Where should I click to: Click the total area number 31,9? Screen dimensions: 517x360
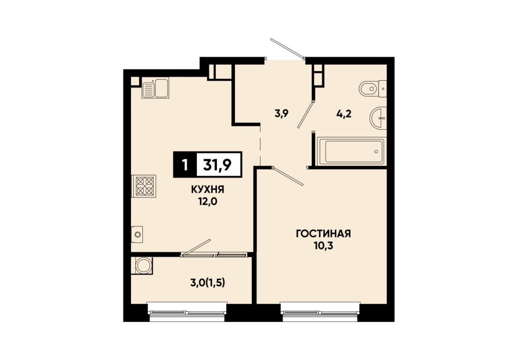pyautogui.click(x=217, y=165)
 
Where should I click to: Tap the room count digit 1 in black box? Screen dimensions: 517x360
pyautogui.click(x=186, y=165)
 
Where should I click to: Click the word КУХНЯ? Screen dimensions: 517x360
pyautogui.click(x=208, y=189)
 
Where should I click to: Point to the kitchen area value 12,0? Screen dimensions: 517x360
pyautogui.click(x=208, y=201)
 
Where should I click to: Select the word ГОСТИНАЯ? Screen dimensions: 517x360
pyautogui.click(x=323, y=233)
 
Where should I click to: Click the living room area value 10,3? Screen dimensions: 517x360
pyautogui.click(x=323, y=246)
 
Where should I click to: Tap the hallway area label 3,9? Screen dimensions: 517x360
pyautogui.click(x=282, y=114)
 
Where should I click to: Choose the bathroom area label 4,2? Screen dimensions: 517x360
pyautogui.click(x=344, y=114)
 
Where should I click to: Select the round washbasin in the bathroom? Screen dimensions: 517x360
pyautogui.click(x=378, y=118)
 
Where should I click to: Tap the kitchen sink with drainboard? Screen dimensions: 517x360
pyautogui.click(x=155, y=87)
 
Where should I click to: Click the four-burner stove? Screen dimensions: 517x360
pyautogui.click(x=144, y=186)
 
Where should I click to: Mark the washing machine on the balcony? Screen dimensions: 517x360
pyautogui.click(x=142, y=265)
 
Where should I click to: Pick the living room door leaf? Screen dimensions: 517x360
pyautogui.click(x=287, y=176)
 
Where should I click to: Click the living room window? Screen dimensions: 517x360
pyautogui.click(x=321, y=312)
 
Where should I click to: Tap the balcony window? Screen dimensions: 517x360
pyautogui.click(x=187, y=312)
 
